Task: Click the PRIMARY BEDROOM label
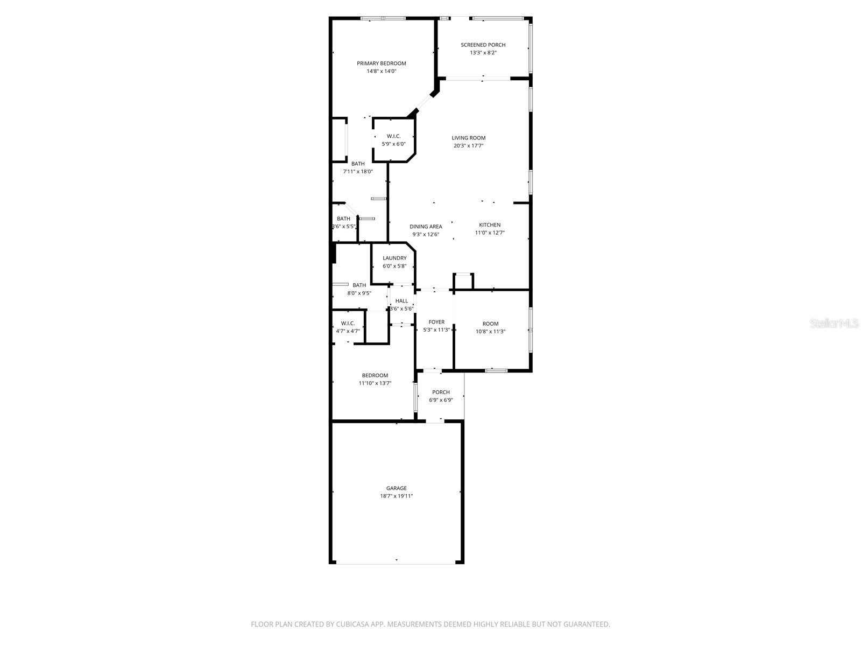382,64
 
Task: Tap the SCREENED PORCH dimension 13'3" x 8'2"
483,53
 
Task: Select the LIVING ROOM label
469,138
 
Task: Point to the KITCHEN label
490,225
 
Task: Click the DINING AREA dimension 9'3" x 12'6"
426,234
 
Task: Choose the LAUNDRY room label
394,258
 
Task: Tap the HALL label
401,301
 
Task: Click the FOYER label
436,322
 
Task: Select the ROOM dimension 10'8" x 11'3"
490,332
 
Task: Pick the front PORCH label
441,392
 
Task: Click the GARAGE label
396,488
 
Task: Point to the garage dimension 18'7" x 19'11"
396,496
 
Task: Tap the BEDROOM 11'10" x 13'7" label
375,376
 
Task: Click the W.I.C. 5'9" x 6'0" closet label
393,136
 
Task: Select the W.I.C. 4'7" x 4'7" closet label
348,324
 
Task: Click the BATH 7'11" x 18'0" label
358,164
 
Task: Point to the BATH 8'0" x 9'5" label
359,285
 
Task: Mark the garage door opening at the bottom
396,563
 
